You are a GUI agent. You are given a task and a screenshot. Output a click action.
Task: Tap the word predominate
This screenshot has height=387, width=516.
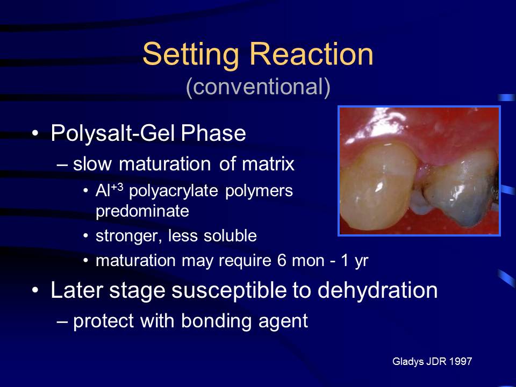pyautogui.click(x=142, y=211)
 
